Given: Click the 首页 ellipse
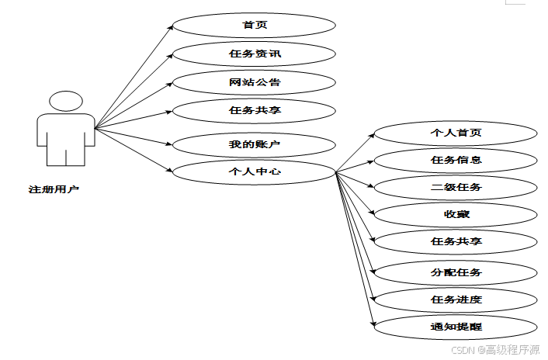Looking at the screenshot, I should pos(254,25).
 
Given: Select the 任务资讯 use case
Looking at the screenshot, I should pos(254,54).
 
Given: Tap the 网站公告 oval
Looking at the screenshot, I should pos(254,81).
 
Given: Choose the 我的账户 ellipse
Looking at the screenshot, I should pos(254,144).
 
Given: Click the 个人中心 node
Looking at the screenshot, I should pos(254,171).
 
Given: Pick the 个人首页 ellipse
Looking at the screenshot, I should pos(456,133).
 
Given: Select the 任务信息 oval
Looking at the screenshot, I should pos(456,160).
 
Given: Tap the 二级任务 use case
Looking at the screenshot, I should pos(456,187).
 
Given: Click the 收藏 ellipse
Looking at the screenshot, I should pos(456,214).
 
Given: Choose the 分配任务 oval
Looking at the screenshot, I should pos(456,272).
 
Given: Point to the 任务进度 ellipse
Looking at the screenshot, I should pos(456,299).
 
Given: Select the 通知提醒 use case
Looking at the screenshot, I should pos(456,327).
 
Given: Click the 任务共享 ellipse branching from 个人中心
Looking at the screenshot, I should pos(456,241).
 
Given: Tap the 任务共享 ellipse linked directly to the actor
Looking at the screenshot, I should pos(254,110).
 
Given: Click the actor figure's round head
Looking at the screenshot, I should pos(65,102).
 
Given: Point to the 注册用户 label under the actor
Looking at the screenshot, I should pos(54,189).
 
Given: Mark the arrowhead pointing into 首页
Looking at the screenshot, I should pos(170,27).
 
